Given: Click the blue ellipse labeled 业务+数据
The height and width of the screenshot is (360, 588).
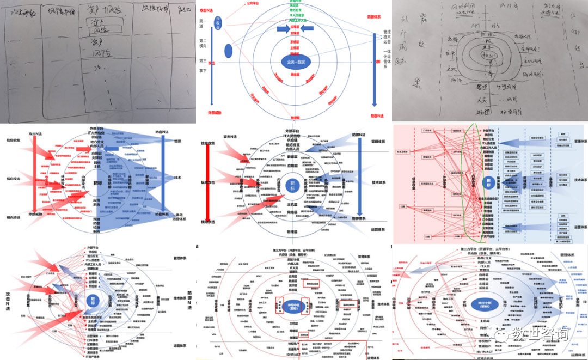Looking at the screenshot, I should point(293,61).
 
